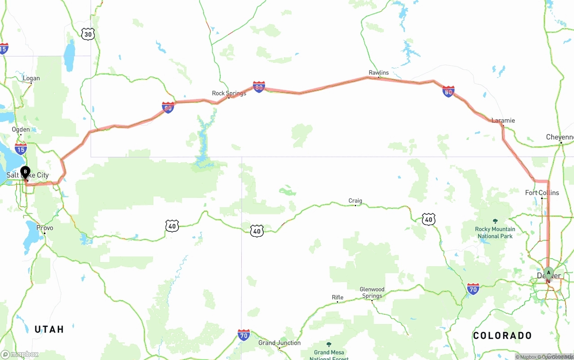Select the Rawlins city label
tap(378, 73)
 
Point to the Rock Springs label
tap(229, 93)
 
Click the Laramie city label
tap(503, 120)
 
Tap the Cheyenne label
tap(560, 137)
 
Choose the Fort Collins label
tap(542, 193)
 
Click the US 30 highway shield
tap(88, 34)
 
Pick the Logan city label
tap(31, 78)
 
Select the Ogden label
tap(21, 130)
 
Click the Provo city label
tap(45, 228)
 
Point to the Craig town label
tap(355, 201)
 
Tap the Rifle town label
tap(338, 297)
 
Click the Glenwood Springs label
tap(372, 292)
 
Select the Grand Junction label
tap(279, 343)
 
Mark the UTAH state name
tap(49, 330)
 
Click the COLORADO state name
tap(502, 335)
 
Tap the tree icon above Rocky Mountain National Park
tap(495, 221)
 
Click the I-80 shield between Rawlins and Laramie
tap(448, 92)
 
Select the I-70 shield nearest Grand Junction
tap(244, 335)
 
